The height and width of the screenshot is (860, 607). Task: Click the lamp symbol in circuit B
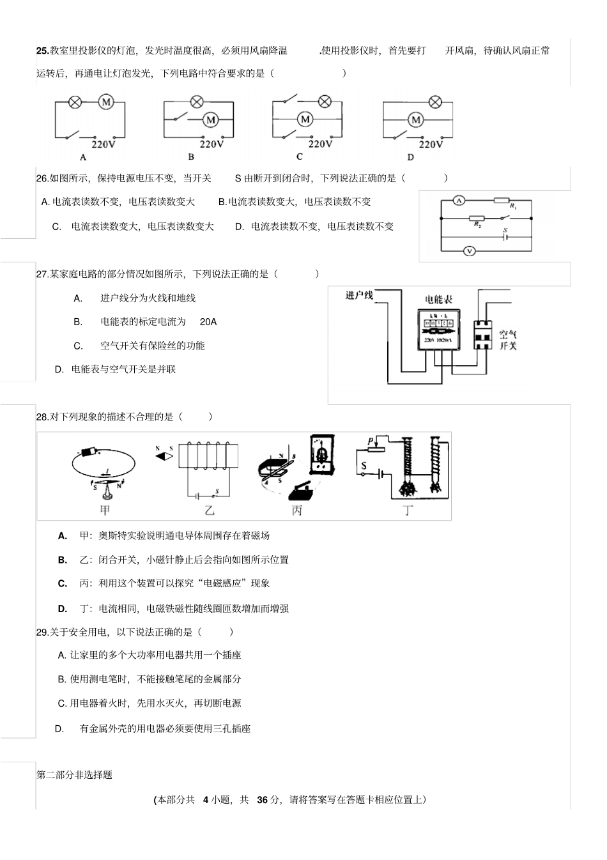coord(197,102)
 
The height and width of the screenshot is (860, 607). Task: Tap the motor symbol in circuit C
coord(305,119)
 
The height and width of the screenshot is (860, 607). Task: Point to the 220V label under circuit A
coord(104,144)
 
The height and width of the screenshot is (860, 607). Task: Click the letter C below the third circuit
coord(300,157)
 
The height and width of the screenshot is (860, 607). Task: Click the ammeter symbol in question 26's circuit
coord(458,201)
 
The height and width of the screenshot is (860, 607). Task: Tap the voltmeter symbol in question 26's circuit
coord(470,251)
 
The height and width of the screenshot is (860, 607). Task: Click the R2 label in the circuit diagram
coord(477,225)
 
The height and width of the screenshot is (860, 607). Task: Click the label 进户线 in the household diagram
coord(359,295)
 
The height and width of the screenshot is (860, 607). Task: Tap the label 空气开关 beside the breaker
coord(507,340)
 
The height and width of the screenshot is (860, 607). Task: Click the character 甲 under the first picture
coord(105,510)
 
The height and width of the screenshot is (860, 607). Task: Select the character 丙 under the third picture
coord(296,511)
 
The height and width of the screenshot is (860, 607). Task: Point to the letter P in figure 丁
coord(370,442)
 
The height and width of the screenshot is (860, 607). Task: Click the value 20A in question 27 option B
coord(208,322)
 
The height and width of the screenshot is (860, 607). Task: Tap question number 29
coord(42,632)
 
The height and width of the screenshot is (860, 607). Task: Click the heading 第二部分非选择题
coord(75,775)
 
